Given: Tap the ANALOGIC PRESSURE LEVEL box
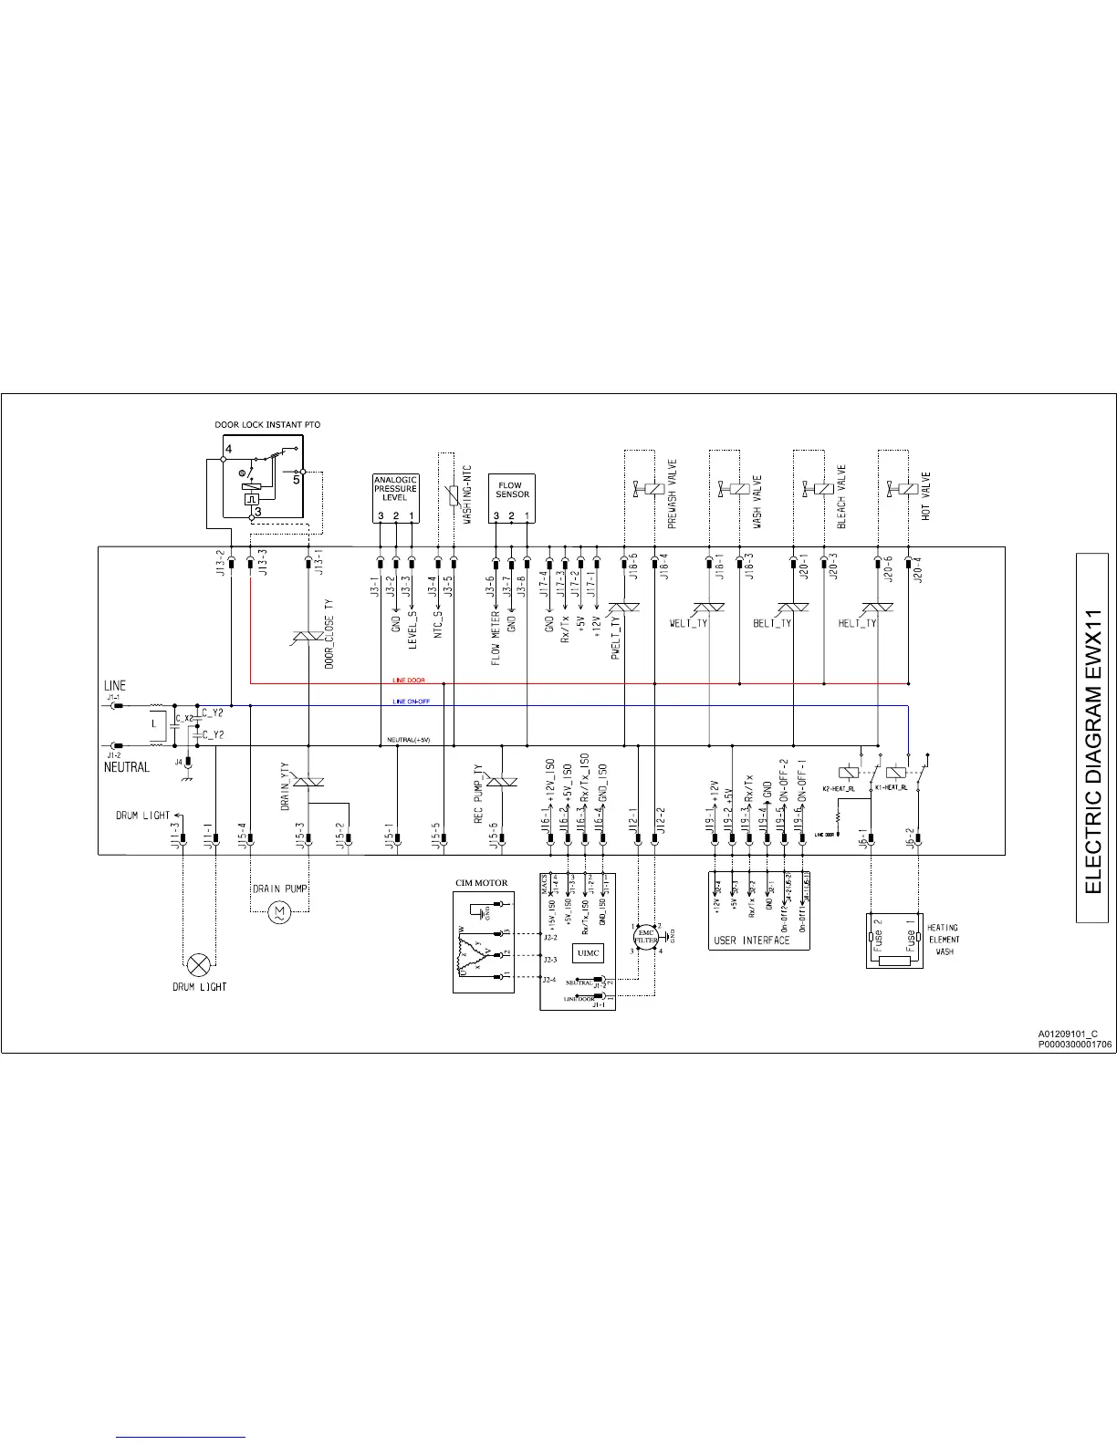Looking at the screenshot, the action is click(x=395, y=497).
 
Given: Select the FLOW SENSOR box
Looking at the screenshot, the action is click(x=511, y=497).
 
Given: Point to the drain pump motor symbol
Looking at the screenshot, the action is click(x=280, y=911).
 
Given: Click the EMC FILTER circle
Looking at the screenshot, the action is click(x=646, y=938).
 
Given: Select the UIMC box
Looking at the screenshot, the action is click(x=590, y=953).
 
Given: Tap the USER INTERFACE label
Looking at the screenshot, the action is click(x=751, y=941).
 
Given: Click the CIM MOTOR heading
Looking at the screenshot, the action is click(x=482, y=883).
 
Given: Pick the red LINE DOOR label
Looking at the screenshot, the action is click(x=408, y=681).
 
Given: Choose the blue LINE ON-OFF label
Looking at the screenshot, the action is click(x=411, y=702).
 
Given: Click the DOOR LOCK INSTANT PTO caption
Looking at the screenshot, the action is click(x=267, y=425).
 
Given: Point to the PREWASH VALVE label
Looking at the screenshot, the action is click(x=673, y=494).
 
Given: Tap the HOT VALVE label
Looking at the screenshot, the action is click(x=926, y=496).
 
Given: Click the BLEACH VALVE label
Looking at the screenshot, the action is click(x=841, y=496).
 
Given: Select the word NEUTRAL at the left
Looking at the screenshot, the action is click(x=126, y=767).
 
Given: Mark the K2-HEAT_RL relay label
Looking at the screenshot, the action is click(x=838, y=787).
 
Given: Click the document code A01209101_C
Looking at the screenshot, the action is click(x=1068, y=1034).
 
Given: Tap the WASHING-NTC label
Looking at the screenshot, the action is click(x=466, y=494).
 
